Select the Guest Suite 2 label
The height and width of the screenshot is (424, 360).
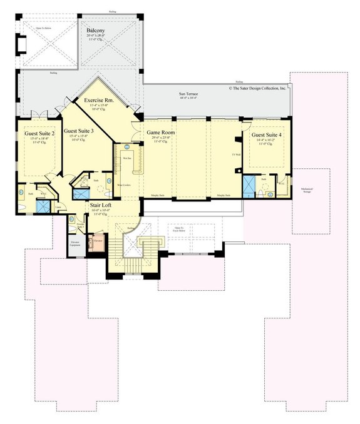coord(40,133)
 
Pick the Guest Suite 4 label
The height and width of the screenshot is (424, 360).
coord(267,134)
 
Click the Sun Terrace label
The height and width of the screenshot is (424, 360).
coord(188,93)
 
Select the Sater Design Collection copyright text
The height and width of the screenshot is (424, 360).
coord(257,89)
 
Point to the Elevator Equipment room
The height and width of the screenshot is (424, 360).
coord(75,243)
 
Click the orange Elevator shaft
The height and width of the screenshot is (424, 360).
coord(98,240)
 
